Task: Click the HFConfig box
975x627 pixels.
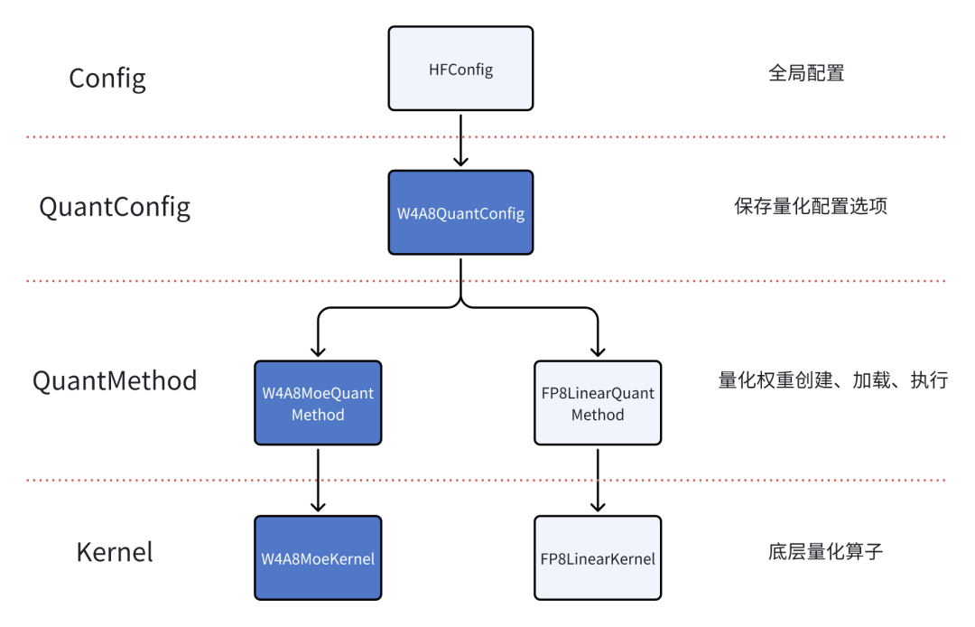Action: click(x=460, y=69)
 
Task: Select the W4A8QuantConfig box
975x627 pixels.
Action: click(x=460, y=212)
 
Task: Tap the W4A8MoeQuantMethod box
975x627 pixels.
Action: click(x=318, y=403)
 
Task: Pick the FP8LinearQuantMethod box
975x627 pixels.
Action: click(x=598, y=403)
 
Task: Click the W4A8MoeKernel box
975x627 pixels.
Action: click(x=318, y=558)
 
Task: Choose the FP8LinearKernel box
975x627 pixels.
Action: click(x=598, y=558)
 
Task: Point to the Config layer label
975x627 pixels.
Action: click(x=107, y=79)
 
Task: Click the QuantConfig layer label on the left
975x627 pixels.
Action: click(x=115, y=207)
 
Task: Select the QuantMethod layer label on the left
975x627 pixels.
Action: click(x=115, y=380)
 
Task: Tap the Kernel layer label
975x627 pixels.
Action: click(x=115, y=552)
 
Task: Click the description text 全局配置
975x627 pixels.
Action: click(x=806, y=74)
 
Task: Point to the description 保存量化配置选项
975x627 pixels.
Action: click(x=811, y=207)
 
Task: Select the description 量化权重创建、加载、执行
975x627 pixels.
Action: click(x=832, y=380)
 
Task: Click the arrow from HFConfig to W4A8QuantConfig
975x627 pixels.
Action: click(x=460, y=140)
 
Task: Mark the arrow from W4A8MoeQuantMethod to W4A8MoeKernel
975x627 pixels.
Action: click(x=318, y=480)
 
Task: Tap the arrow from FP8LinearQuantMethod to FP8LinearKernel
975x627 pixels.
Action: click(x=598, y=480)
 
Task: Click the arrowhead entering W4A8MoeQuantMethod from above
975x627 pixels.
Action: click(x=318, y=351)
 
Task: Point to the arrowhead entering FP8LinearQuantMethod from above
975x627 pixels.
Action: click(x=598, y=351)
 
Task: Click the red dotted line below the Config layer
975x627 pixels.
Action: click(x=226, y=137)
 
